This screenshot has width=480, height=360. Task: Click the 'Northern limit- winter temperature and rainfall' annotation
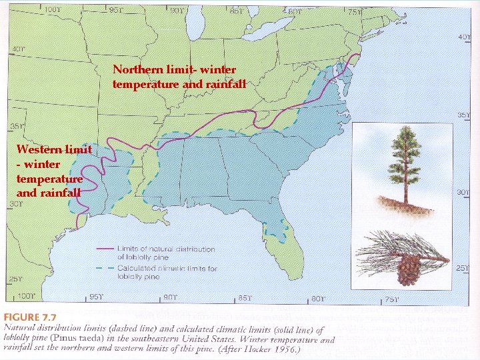tap(179, 77)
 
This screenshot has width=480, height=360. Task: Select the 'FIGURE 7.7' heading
tap(31, 317)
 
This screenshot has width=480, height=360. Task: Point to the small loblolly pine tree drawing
tap(405, 167)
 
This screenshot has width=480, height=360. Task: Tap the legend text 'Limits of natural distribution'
tap(165, 249)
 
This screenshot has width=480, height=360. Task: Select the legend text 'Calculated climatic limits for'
tap(167, 268)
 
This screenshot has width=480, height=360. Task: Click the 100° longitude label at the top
tap(52, 10)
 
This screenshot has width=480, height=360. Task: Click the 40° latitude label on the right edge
tap(464, 37)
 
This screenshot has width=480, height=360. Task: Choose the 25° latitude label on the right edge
tap(462, 268)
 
